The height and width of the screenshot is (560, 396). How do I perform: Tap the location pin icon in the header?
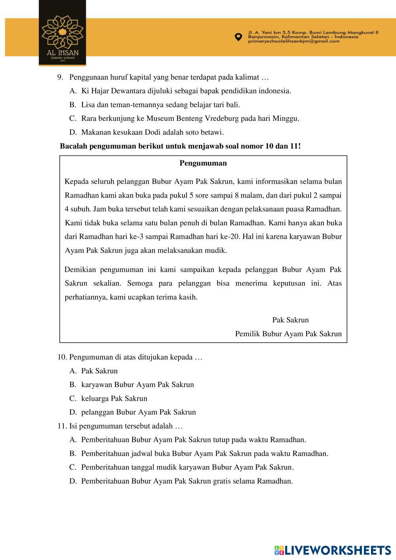pyautogui.click(x=238, y=37)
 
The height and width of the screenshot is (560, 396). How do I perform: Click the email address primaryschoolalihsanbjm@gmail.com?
pyautogui.click(x=293, y=41)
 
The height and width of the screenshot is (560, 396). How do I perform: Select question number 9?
pyautogui.click(x=60, y=77)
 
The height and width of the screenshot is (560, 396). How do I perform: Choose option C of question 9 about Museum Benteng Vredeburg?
pyautogui.click(x=190, y=118)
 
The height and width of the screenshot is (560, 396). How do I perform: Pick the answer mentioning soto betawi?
pyautogui.click(x=152, y=132)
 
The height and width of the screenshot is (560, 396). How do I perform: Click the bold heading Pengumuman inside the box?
pyautogui.click(x=203, y=163)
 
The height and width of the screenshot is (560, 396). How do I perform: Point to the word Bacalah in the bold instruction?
pyautogui.click(x=74, y=146)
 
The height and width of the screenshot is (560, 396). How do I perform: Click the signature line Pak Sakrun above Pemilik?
pyautogui.click(x=290, y=320)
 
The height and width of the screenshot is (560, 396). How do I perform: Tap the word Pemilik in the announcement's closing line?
pyautogui.click(x=247, y=334)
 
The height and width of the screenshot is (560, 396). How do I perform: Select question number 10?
pyautogui.click(x=62, y=357)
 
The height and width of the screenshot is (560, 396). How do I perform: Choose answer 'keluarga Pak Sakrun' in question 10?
pyautogui.click(x=114, y=398)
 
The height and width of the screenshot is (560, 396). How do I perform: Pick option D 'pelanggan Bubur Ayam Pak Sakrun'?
pyautogui.click(x=138, y=412)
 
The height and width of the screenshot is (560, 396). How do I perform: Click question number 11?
pyautogui.click(x=62, y=426)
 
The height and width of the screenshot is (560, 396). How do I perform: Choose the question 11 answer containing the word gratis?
pyautogui.click(x=187, y=481)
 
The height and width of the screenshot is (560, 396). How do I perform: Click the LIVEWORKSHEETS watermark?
pyautogui.click(x=333, y=550)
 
